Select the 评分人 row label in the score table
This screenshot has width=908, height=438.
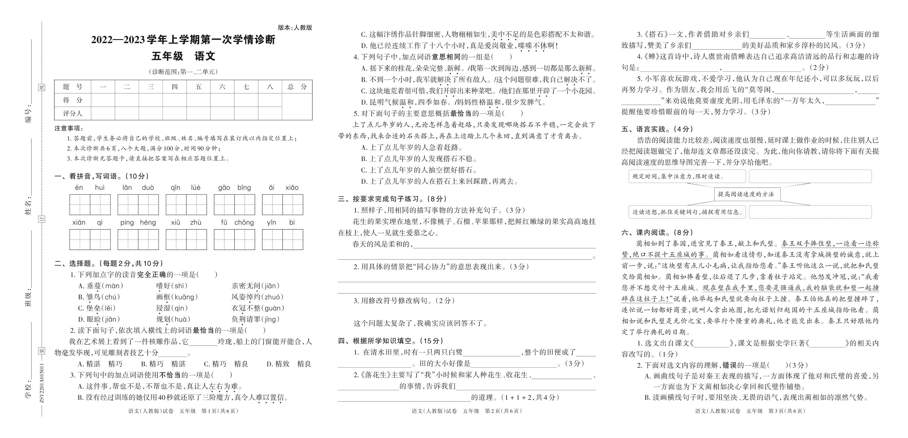click(73, 113)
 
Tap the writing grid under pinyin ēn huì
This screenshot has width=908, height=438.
click(90, 204)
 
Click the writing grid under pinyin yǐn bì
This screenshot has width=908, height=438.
click(282, 240)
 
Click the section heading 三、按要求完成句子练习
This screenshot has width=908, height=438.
click(392, 199)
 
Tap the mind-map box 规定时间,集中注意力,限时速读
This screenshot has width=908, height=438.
click(687, 176)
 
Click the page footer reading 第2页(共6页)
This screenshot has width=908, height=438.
click(466, 411)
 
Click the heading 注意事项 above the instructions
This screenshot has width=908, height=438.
click(68, 128)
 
